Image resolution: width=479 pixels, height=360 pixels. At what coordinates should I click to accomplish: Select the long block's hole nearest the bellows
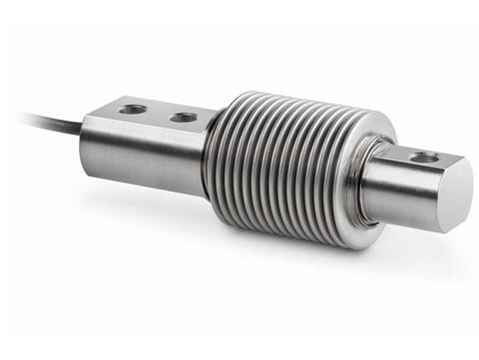pyautogui.click(x=184, y=117)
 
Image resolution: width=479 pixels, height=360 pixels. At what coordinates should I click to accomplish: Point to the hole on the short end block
pyautogui.click(x=424, y=157)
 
